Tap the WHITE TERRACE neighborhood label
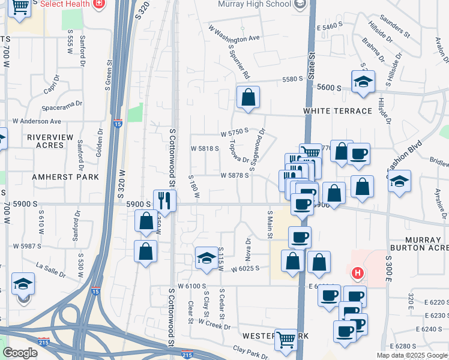pos(337,112)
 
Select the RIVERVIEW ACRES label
pos(54,141)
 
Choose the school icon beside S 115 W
pos(206,258)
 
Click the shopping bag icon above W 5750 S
pos(247,97)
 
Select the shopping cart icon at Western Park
pos(286,340)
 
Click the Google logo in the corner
pos(20,353)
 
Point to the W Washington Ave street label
pos(234,34)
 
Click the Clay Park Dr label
pos(249,352)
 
